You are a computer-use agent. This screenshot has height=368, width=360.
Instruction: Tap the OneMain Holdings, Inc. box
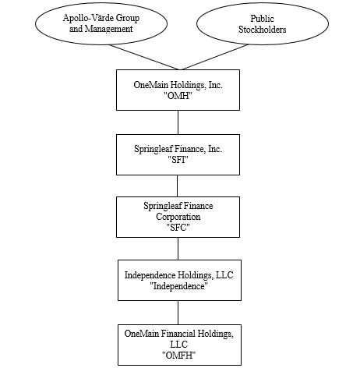click(x=178, y=90)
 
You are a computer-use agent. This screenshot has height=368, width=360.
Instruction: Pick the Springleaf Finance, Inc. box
click(x=178, y=154)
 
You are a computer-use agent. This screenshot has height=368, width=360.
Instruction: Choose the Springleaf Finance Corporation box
click(x=178, y=217)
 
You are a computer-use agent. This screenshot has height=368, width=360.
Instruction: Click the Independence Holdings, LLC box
click(x=178, y=280)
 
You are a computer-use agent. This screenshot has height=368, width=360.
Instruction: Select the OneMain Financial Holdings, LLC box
click(x=178, y=344)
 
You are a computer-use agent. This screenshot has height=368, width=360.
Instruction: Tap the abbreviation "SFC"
click(x=178, y=228)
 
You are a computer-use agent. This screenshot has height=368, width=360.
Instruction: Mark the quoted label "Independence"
click(x=178, y=286)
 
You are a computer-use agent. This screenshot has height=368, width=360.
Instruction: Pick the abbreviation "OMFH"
click(x=178, y=355)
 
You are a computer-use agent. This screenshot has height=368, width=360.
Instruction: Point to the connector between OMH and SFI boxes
click(x=178, y=122)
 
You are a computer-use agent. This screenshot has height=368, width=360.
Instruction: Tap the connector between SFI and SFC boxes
click(x=178, y=185)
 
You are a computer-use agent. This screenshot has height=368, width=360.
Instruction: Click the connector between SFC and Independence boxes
click(x=178, y=249)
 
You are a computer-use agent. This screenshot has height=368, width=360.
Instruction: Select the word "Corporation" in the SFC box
click(x=178, y=217)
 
